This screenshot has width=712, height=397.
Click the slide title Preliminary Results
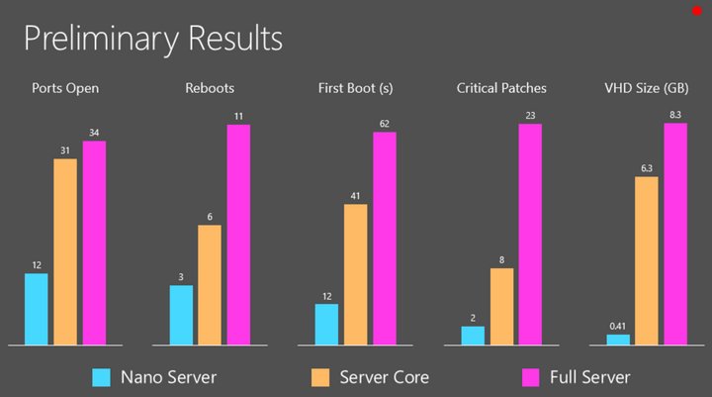[152, 39]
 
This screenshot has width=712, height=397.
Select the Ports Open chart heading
[65, 88]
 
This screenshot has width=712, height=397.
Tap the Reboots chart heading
[210, 88]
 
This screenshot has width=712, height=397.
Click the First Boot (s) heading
[356, 88]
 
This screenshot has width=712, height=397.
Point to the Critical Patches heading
[501, 88]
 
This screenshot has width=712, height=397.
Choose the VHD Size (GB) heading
[647, 88]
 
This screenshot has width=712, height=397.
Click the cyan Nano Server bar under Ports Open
[37, 309]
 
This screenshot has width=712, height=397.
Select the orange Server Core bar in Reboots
[210, 285]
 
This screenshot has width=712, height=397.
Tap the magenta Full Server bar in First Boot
[385, 239]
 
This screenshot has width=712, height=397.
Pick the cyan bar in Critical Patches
[473, 336]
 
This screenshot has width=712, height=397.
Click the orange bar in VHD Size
[647, 260]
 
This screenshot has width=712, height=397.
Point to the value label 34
[94, 133]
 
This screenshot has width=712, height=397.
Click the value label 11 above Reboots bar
[238, 116]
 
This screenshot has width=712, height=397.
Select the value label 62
[385, 124]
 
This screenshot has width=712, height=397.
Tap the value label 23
[530, 115]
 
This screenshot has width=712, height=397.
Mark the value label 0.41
[618, 326]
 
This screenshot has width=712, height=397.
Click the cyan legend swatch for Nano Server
[101, 377]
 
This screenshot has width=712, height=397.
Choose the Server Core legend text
[384, 377]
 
